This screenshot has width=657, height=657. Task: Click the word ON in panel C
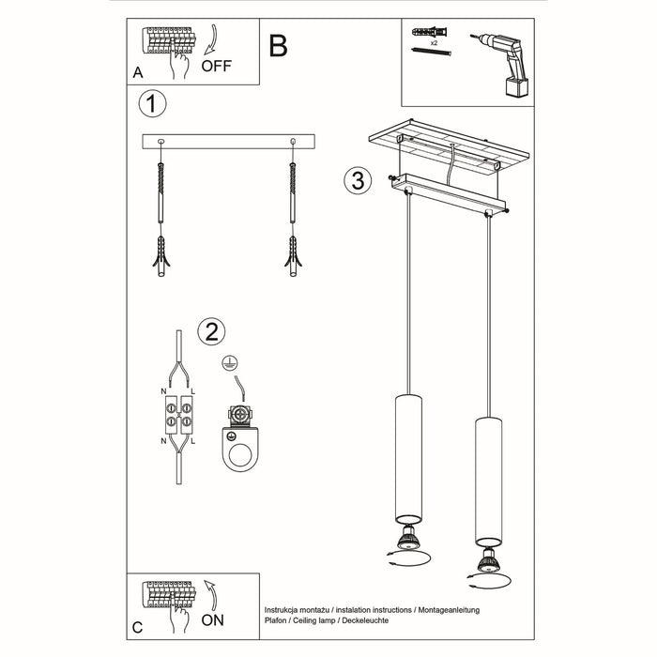click(x=214, y=619)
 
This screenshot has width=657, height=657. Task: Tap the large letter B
click(x=278, y=46)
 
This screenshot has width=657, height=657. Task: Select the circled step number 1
click(x=152, y=103)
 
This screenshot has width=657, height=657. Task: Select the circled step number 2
click(x=211, y=330)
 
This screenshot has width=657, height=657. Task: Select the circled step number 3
click(x=356, y=180)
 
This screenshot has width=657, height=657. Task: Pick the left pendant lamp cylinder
click(x=407, y=459)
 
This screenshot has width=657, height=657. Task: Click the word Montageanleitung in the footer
click(x=445, y=609)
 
